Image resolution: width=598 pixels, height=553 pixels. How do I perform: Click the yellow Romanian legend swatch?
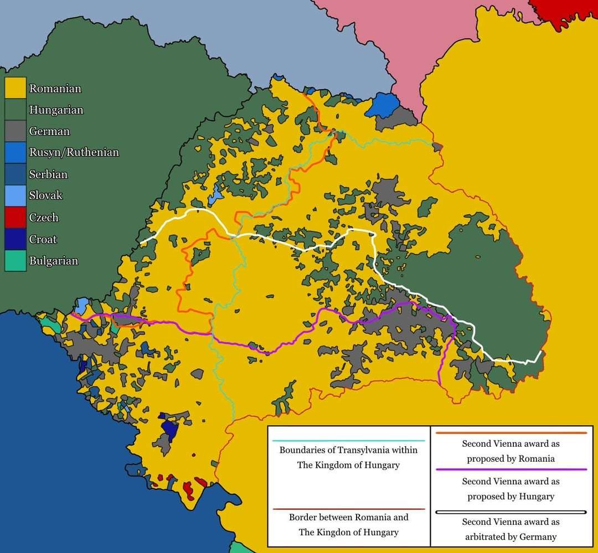point(16,88)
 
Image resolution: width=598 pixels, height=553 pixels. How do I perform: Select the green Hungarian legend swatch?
point(16,110)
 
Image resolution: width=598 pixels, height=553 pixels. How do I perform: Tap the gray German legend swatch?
point(16,131)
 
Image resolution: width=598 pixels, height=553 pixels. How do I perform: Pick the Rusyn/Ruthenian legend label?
point(74,152)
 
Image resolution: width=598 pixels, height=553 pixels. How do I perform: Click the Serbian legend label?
point(48,174)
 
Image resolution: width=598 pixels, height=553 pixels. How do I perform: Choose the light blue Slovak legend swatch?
point(16,195)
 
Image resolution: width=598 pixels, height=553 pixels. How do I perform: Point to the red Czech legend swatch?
point(16,218)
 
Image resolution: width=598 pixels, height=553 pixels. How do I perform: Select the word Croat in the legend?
point(43,239)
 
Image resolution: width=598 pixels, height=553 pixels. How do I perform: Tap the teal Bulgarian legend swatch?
point(16,261)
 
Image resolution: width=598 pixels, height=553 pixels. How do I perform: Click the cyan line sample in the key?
point(348,441)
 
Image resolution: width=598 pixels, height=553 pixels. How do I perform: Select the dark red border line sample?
point(348,509)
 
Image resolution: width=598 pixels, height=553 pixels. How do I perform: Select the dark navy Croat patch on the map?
point(169,430)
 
